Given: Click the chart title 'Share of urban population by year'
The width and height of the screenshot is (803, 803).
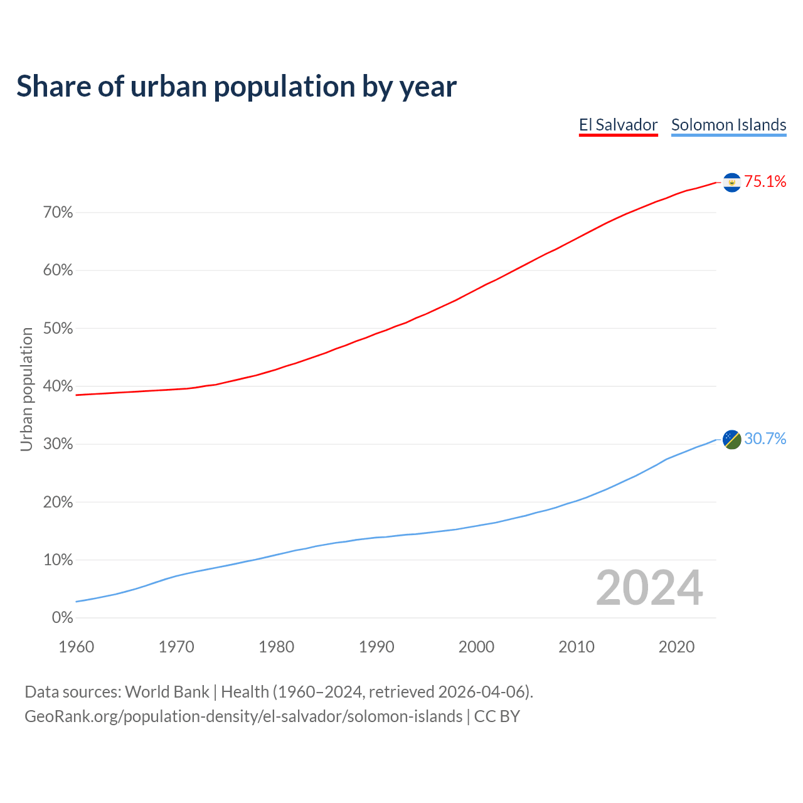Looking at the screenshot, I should pos(237,86).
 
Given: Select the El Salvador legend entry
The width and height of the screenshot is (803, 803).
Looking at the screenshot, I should pos(618,125).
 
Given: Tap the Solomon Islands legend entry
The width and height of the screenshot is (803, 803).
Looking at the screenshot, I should pos(728,125).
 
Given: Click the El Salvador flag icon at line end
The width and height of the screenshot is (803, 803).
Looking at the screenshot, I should pos(731,182).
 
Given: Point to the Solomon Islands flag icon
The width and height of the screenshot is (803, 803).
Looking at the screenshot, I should pos(731,439).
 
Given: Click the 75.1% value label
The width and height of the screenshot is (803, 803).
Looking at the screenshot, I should pos(765,182).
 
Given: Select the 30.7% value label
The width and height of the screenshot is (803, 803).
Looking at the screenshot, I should pos(765,439).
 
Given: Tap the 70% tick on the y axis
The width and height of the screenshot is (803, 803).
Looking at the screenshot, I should pos(58,213).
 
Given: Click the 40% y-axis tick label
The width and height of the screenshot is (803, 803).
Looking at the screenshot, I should pos(58,386).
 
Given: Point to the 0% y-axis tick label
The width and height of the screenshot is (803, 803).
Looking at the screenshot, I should pos(62,618).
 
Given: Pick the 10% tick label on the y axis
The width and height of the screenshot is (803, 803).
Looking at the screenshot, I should pos(58,560).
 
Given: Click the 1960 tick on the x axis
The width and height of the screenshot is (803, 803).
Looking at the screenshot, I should pos(76,647).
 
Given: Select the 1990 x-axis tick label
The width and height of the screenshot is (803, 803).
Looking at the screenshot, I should pos(376,647).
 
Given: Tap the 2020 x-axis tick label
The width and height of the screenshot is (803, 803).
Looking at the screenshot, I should pos(676,647).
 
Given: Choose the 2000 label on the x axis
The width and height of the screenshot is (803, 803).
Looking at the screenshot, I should pos(476,647).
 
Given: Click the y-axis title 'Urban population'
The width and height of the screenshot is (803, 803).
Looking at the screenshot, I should pos(26,390).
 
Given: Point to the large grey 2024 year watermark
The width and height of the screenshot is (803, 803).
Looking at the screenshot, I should pos(649,588).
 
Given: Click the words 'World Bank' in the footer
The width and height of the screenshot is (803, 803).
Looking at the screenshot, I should pos(167,692).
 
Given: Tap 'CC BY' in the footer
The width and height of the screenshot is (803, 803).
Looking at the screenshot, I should pos(497,716).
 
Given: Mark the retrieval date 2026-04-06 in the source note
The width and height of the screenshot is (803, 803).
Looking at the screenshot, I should pos(481,692).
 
